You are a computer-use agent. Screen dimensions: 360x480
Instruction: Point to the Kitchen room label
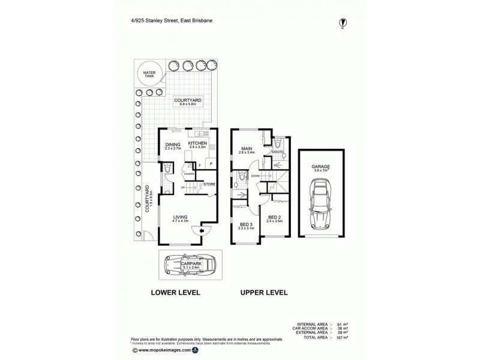click(197, 143)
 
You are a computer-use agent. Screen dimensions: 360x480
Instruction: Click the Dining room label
click(173, 144)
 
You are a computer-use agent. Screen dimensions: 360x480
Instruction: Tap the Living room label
click(181, 217)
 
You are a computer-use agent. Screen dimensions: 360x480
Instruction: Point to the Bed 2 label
click(274, 219)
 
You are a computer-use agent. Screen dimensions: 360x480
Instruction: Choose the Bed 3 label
click(247, 225)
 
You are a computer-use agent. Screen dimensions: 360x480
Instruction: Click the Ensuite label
click(277, 152)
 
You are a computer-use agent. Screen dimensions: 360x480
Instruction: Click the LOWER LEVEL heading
click(176, 293)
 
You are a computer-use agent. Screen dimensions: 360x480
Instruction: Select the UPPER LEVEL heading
click(264, 293)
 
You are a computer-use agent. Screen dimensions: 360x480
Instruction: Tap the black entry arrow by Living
click(202, 230)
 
